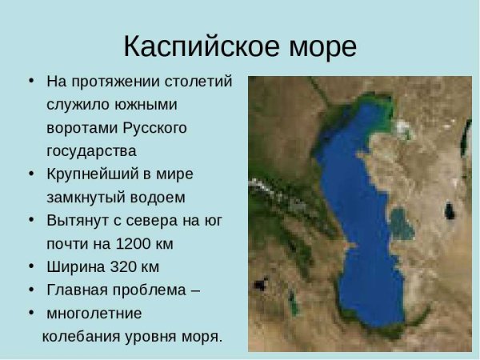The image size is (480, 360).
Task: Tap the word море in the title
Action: (320, 46)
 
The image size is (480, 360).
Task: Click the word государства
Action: (91, 150)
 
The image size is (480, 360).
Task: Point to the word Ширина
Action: (73, 265)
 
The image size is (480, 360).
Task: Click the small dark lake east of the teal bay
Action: (449, 213)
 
